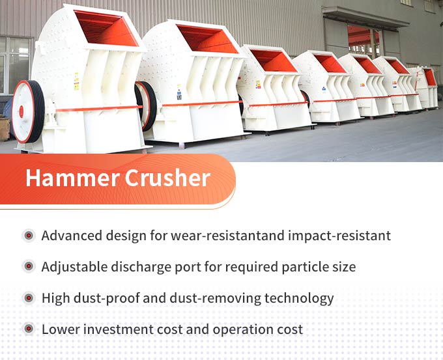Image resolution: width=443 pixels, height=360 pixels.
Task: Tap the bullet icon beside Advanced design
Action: coord(28,236)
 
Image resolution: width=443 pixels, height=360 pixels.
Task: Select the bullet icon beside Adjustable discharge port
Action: coord(28,267)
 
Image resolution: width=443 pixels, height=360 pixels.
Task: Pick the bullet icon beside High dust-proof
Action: coord(28,298)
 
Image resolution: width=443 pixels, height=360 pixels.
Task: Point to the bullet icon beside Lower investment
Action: coord(28,329)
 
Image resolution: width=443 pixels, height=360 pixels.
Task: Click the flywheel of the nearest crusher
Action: coord(28,111)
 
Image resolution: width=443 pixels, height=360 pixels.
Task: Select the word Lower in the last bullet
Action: coord(59,329)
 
